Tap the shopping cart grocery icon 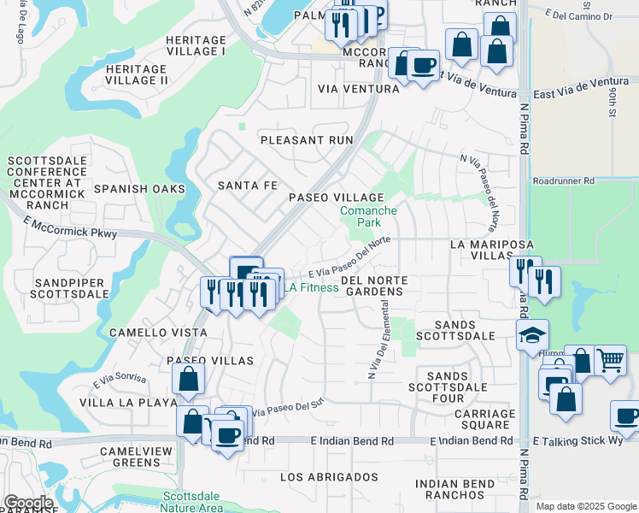point(610,360)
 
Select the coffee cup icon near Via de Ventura point(423,65)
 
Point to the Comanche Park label point(368,216)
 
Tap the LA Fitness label point(312,288)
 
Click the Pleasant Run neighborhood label point(306,139)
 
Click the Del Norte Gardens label point(372,286)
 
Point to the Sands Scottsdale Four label point(448,387)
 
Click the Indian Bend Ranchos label point(454,490)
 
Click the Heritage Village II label point(136,74)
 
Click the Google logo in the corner point(27,503)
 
